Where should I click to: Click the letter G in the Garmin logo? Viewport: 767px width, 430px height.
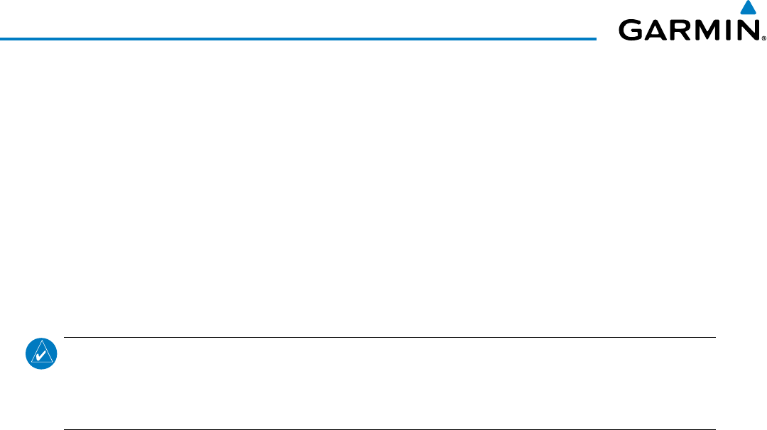tap(633, 30)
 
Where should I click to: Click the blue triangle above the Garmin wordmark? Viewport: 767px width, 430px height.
tap(747, 9)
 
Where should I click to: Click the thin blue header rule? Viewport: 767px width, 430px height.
tap(298, 38)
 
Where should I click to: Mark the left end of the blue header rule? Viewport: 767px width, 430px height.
tap(1, 38)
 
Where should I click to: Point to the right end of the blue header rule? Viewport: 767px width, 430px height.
tap(595, 38)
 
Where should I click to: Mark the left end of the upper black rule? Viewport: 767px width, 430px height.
tap(65, 337)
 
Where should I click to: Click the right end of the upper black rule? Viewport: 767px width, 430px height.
tap(714, 337)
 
